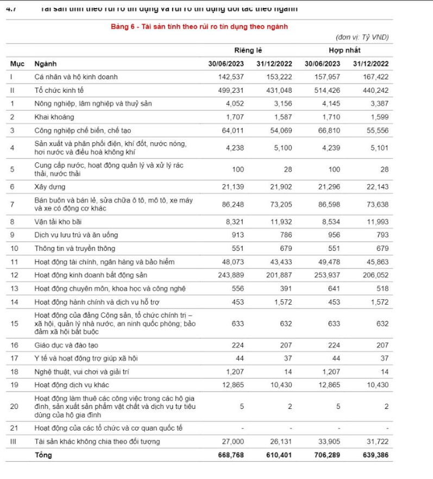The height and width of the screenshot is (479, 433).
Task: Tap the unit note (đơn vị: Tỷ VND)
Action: click(362, 37)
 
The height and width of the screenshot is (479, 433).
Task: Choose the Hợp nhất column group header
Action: click(345, 50)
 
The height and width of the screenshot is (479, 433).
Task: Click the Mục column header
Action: click(17, 64)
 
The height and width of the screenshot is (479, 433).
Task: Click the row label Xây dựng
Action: click(49, 187)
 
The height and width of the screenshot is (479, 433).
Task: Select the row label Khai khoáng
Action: click(54, 117)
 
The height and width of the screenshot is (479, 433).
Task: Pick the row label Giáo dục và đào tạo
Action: click(67, 345)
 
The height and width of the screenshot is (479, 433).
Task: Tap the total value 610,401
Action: click(279, 455)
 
